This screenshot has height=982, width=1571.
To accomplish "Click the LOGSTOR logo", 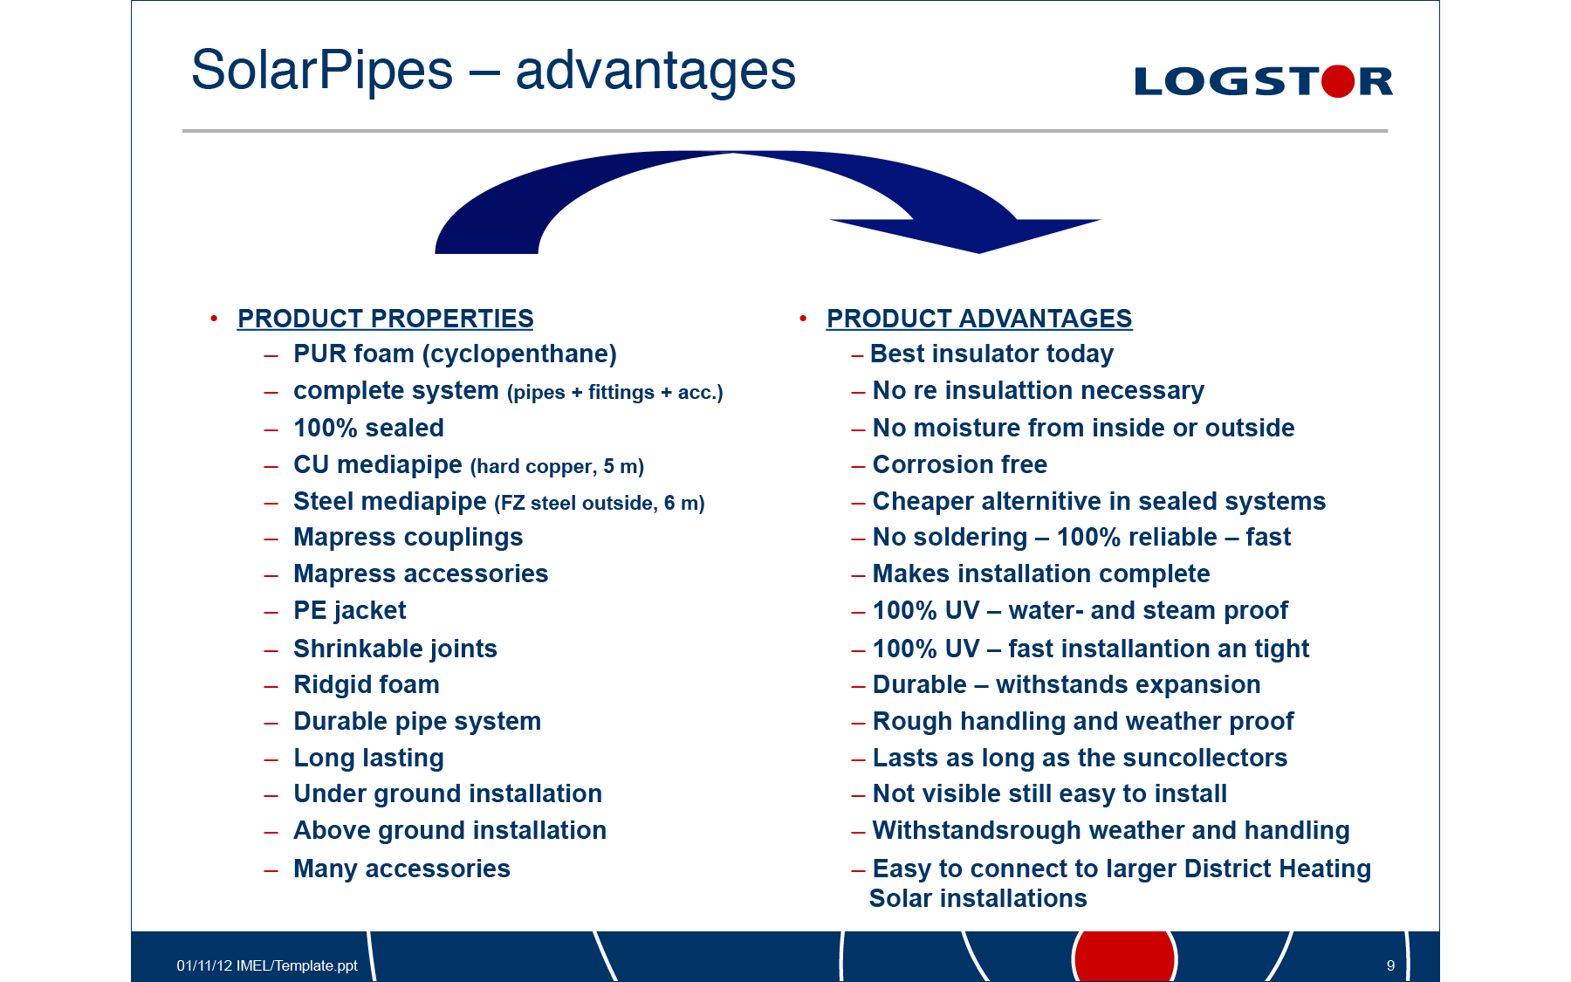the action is coord(1263,81).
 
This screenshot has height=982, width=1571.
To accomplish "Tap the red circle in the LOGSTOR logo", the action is coord(1338,81).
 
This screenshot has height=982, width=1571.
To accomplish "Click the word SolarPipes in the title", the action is coord(322,71).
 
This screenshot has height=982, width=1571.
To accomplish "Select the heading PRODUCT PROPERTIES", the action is coord(385,319).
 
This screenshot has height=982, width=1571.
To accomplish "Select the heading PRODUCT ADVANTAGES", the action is coord(979,319).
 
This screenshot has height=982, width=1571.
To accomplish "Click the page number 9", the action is coord(1390,965).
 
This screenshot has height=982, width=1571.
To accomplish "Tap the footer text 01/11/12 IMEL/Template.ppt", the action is coord(267,965).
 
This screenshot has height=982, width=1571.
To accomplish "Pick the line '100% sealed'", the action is coord(368,428).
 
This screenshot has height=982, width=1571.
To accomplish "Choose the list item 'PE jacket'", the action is coord(349,611).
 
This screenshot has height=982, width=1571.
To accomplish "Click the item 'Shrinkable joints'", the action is coord(394,649).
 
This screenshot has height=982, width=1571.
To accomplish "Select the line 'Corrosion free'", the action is coord(959,464).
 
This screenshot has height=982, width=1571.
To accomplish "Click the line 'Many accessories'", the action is coord(401,869).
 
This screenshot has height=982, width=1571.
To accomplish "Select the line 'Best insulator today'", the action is coord(991,354).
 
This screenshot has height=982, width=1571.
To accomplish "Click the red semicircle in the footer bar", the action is coord(1125,956).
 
